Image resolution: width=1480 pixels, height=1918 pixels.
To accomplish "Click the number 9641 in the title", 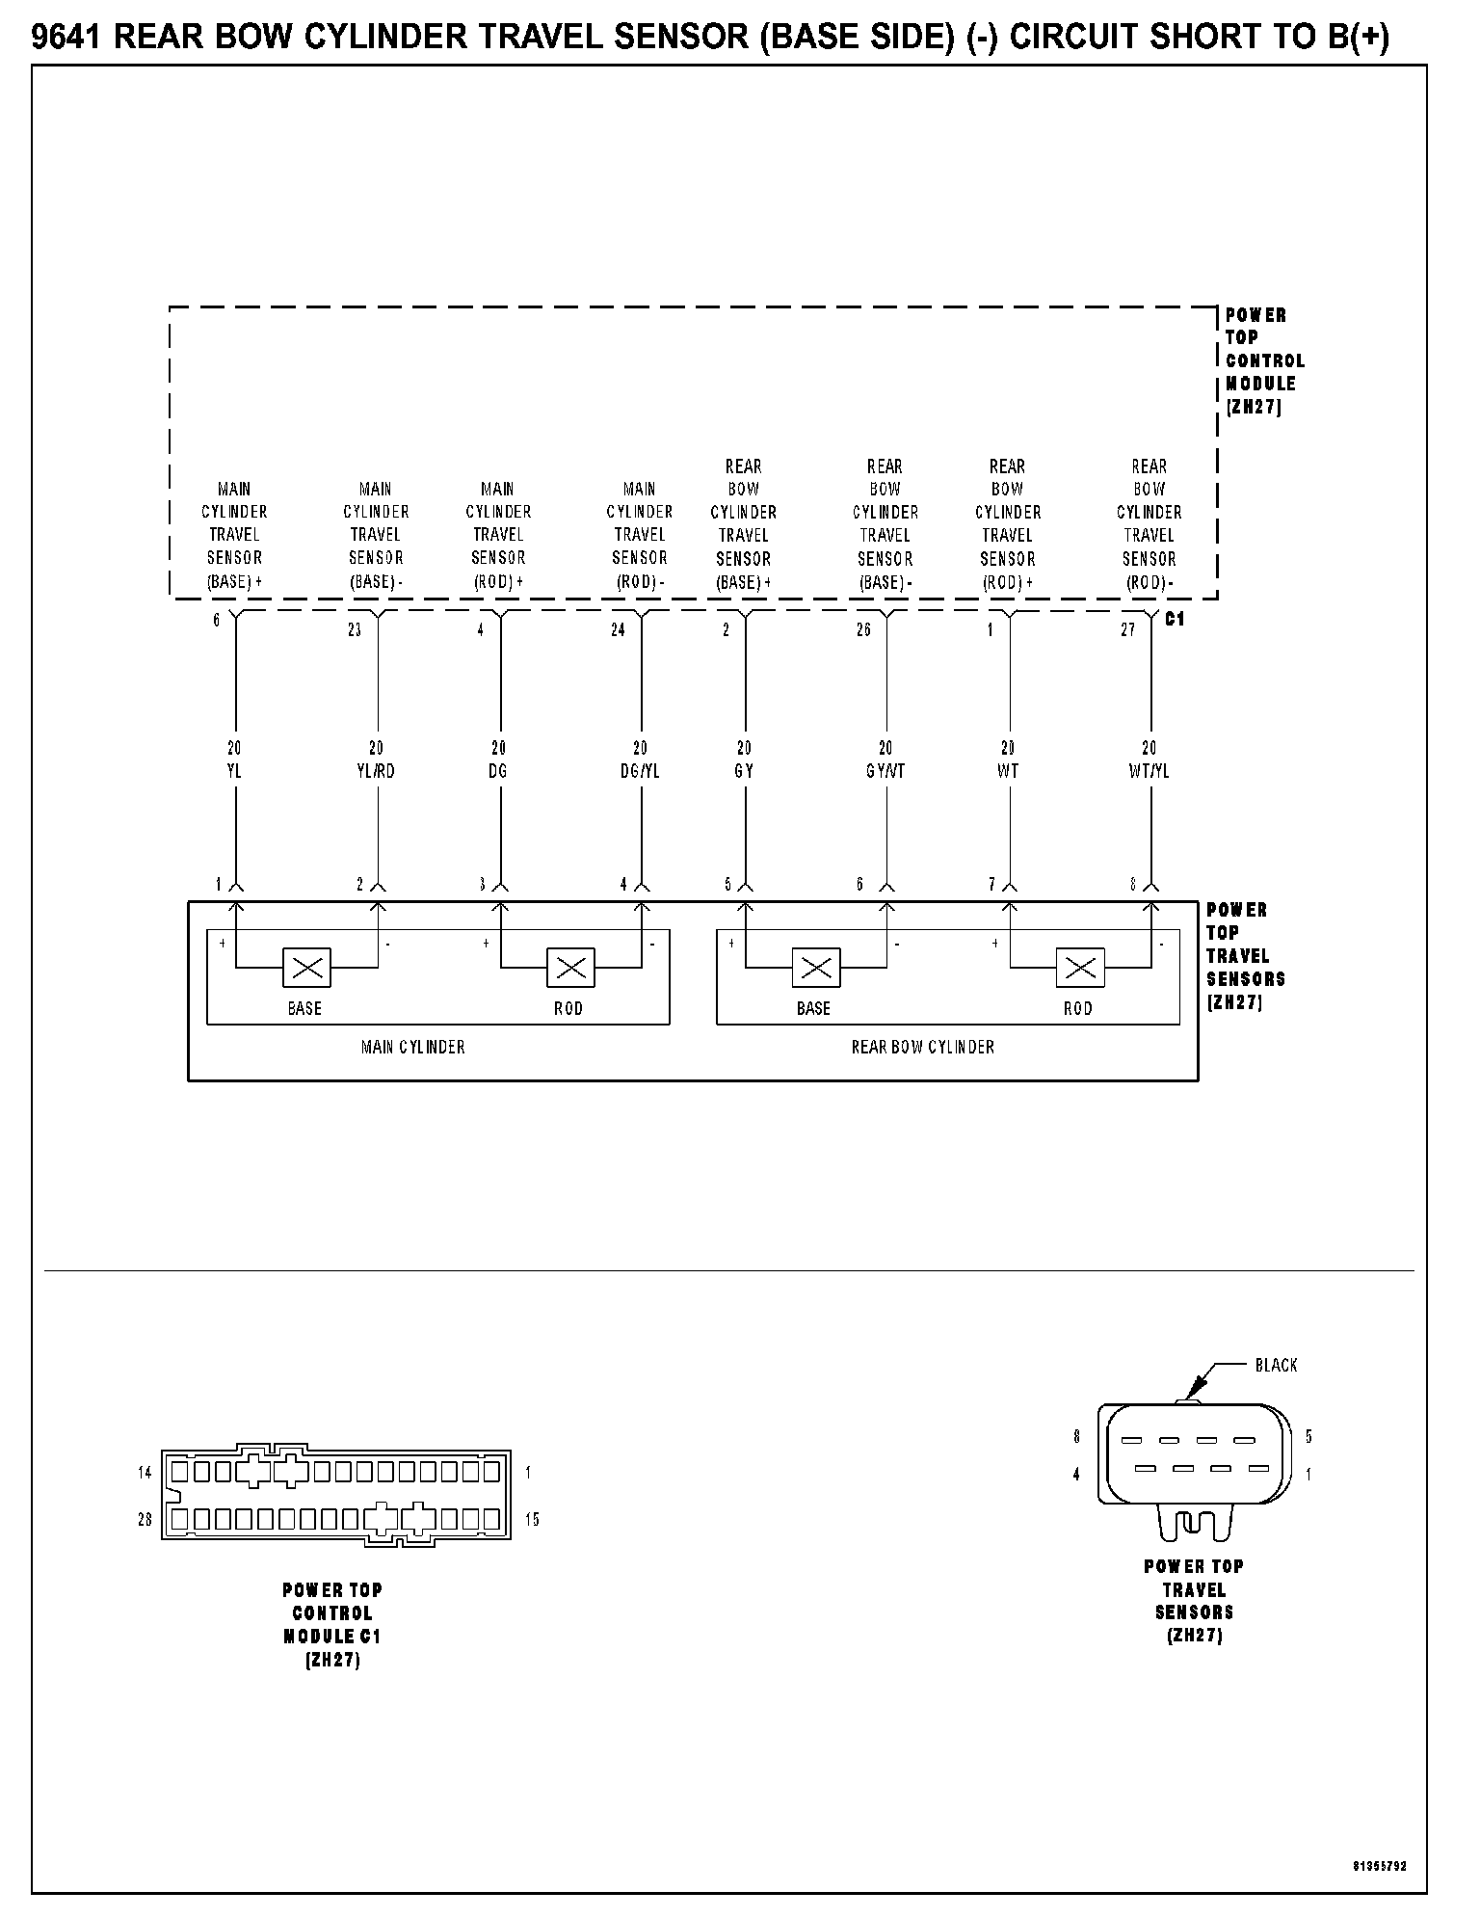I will [x=68, y=39].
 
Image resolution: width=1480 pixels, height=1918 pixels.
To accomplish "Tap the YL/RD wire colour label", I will [x=376, y=772].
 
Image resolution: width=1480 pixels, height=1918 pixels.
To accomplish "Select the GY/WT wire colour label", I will [x=885, y=772].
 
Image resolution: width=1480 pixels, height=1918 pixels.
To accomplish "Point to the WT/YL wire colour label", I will [x=1149, y=772].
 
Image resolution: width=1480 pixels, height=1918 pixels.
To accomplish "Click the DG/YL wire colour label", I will [x=640, y=772].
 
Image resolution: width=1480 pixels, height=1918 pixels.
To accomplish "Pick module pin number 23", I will [x=355, y=630].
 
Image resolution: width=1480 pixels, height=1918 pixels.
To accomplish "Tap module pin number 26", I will [x=863, y=630].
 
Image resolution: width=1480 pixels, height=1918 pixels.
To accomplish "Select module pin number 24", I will [x=618, y=630].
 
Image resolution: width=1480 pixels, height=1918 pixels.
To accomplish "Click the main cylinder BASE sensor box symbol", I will [x=306, y=968].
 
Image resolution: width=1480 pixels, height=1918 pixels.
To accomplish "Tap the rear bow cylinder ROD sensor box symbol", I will [x=1080, y=968].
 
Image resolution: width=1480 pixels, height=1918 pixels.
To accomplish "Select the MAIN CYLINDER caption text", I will [x=412, y=1047].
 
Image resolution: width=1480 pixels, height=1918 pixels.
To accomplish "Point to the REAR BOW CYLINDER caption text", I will [x=922, y=1047].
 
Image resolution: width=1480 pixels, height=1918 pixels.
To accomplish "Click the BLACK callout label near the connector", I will [x=1276, y=1365].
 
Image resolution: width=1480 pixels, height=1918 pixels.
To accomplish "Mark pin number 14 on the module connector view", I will [x=145, y=1473].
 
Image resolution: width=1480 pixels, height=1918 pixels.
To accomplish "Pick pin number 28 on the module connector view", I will [x=145, y=1520].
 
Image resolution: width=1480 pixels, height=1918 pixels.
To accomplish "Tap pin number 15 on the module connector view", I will [x=532, y=1520].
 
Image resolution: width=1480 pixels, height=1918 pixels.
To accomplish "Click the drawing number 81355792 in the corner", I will [x=1379, y=1867].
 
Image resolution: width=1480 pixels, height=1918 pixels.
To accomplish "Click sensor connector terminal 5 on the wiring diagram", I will [x=727, y=885].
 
